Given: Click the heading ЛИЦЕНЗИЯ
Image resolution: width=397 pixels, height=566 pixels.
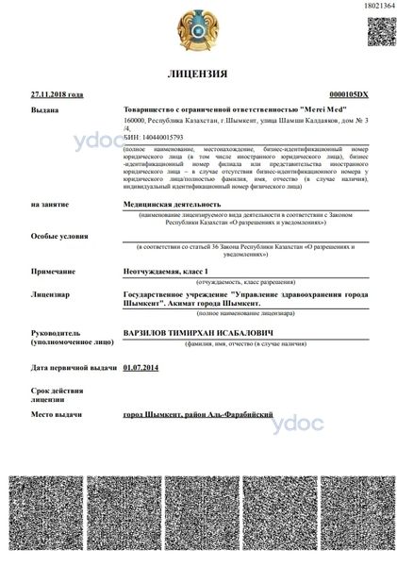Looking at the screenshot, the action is tap(197, 74).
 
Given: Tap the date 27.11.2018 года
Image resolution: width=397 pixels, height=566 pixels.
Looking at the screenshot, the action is tap(57, 95).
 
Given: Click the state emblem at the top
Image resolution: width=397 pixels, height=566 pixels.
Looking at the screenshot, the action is tap(198, 28).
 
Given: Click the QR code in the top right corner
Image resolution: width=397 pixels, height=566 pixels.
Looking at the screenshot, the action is tap(375, 30).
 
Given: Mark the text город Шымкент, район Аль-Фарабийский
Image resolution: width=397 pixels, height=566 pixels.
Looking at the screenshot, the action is tap(198, 415).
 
